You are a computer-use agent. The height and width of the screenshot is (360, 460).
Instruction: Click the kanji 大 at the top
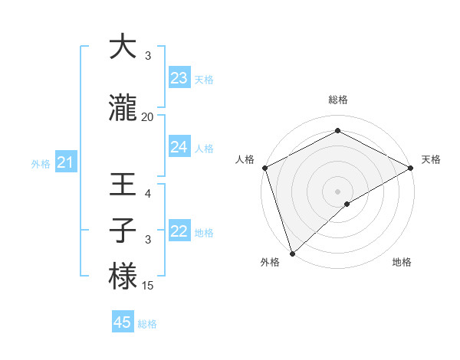[123, 47]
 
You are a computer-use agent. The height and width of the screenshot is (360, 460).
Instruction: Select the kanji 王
[123, 185]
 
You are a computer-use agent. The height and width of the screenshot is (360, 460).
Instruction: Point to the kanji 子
[123, 231]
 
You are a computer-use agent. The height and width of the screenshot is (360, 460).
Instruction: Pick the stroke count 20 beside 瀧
[148, 116]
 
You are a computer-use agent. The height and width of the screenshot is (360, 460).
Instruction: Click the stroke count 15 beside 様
[148, 286]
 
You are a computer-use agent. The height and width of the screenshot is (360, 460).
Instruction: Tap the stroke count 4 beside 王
[148, 194]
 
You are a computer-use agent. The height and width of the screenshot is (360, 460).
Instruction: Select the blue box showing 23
[179, 77]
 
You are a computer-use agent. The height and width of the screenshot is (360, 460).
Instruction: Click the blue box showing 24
[179, 146]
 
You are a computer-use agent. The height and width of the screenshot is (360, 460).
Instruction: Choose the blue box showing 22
[179, 231]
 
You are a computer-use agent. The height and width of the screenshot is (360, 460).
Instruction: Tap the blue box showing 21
[65, 162]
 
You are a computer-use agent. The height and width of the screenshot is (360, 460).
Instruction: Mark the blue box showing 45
[123, 322]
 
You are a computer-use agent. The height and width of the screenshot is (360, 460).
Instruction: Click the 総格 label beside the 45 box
[147, 324]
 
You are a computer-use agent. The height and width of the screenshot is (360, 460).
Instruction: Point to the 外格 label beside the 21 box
[41, 163]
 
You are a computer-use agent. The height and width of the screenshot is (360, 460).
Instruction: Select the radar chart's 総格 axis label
[337, 100]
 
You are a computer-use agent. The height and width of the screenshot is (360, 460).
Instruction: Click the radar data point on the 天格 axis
[411, 168]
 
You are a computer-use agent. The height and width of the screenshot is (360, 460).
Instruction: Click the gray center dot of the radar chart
[337, 191]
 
